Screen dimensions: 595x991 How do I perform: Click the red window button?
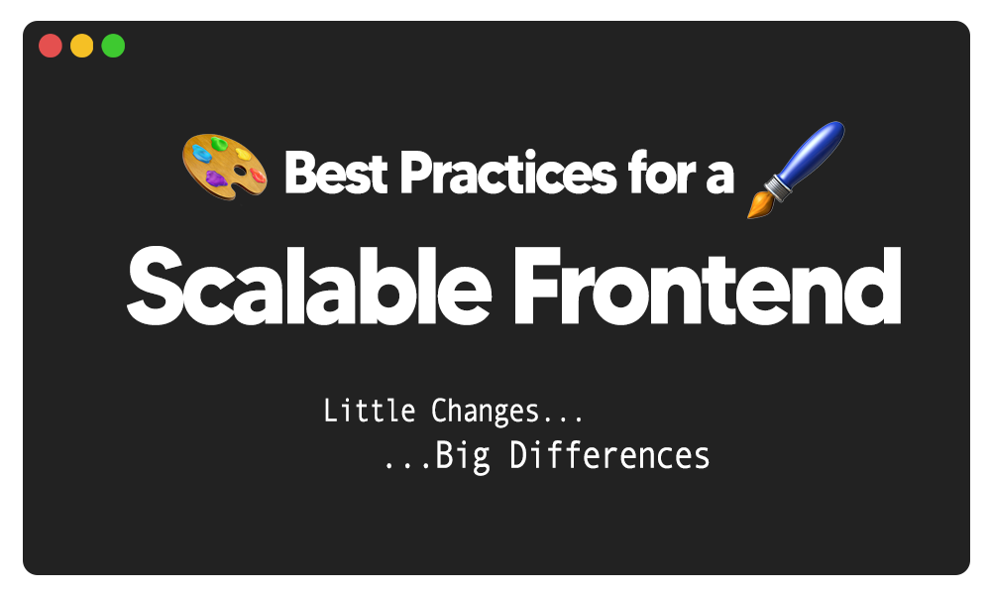click(x=51, y=46)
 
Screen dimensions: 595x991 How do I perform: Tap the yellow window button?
click(x=82, y=46)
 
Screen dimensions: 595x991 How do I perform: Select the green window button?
click(x=114, y=46)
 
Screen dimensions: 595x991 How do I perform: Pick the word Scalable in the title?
click(x=309, y=285)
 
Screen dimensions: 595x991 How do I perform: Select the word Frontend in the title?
click(x=706, y=285)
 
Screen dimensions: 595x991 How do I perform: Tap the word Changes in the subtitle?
click(x=485, y=411)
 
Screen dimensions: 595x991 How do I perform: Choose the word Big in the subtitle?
click(x=464, y=456)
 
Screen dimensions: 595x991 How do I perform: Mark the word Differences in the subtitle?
click(x=610, y=456)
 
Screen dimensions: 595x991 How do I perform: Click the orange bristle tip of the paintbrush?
click(x=760, y=204)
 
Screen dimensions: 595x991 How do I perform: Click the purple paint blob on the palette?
click(x=215, y=179)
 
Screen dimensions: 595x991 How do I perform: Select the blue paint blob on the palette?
click(x=201, y=154)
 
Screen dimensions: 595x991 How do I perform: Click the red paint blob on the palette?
click(x=258, y=176)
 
